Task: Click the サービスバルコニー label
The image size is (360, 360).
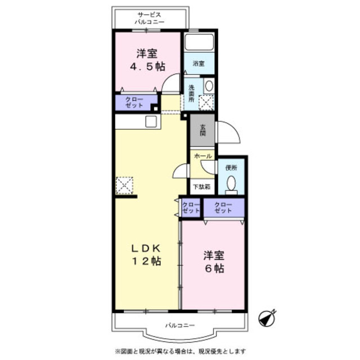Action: point(150,19)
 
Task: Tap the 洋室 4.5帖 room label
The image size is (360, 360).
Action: point(147,60)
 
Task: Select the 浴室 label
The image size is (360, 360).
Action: point(199,64)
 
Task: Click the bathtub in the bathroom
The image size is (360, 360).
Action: point(199,42)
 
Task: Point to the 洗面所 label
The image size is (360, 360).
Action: point(191,93)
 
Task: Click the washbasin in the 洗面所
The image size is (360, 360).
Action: point(209,86)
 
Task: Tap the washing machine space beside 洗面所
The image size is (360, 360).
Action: point(206,102)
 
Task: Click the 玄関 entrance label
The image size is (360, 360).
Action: point(202,130)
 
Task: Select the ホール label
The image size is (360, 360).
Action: point(202,156)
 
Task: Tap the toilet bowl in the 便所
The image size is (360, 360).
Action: point(231,185)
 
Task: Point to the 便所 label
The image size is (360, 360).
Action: point(231,168)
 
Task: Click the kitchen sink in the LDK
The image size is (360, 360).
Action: point(151,121)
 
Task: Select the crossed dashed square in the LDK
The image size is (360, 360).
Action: point(124,185)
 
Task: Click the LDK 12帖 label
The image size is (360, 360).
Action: point(146,255)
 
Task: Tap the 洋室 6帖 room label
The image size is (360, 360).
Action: point(214,262)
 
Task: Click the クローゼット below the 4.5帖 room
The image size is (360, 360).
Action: point(134,102)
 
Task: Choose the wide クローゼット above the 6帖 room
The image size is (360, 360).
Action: point(224,208)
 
